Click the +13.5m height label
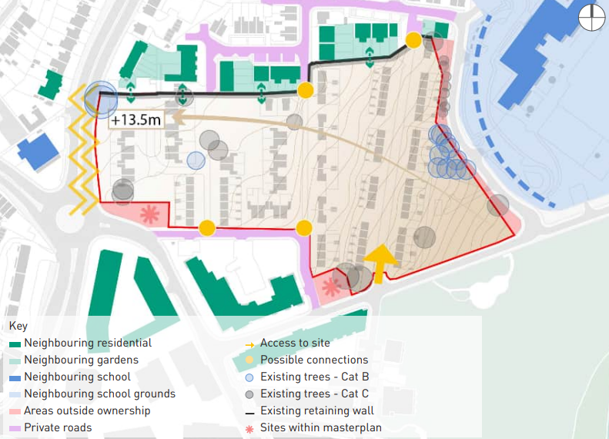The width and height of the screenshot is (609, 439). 136,120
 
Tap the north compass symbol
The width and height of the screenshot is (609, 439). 591,17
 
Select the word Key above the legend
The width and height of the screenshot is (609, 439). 18,327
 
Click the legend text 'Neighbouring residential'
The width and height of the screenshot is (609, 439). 88,343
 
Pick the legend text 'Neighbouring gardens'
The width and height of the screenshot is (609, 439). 81,360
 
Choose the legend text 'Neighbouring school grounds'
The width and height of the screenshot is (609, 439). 99,394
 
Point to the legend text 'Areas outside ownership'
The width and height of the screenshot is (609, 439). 87,411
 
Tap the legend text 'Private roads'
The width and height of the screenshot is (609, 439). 58,427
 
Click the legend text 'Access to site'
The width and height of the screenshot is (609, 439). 295,343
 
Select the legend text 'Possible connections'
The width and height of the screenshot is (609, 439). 314,360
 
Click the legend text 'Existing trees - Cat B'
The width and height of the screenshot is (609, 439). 314,377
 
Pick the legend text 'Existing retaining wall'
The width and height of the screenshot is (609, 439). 317,411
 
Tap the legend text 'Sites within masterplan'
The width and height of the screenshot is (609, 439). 320,427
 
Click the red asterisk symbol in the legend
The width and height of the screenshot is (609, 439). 249,428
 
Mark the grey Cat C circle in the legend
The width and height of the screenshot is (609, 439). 249,394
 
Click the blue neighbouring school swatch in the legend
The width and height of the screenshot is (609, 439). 15,377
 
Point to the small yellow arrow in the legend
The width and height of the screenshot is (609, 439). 249,343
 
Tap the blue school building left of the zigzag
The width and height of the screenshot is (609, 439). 38,151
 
